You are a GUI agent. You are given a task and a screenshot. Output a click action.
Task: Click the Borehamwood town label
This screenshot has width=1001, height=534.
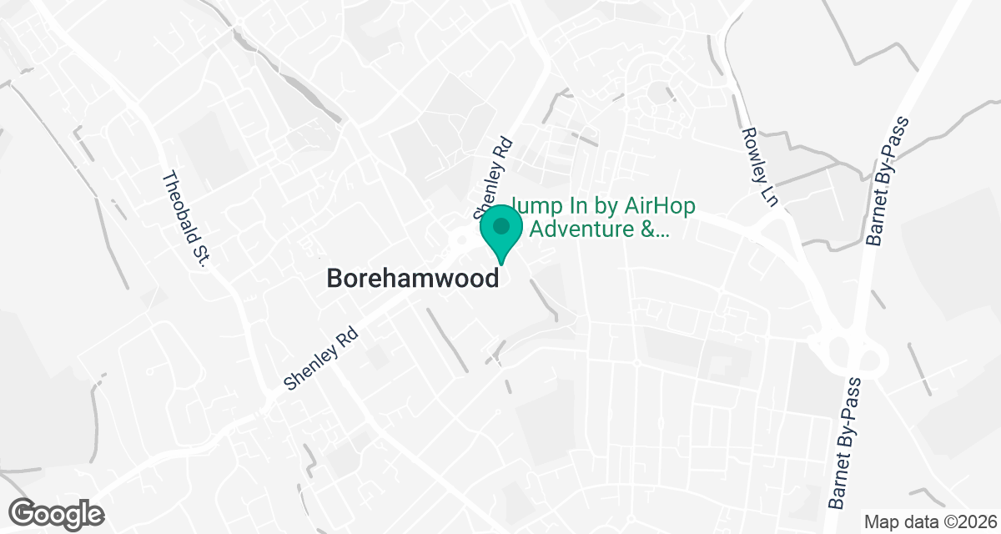tap(414, 278)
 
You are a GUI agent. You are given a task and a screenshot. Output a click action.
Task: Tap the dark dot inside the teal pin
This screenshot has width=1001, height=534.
tap(501, 226)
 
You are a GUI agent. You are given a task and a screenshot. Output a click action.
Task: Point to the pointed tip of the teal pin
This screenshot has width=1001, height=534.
tap(501, 264)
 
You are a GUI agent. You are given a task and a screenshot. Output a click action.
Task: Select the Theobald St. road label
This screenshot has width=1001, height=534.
tap(185, 219)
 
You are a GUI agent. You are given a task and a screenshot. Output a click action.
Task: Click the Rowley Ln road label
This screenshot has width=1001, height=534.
tap(754, 167)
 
